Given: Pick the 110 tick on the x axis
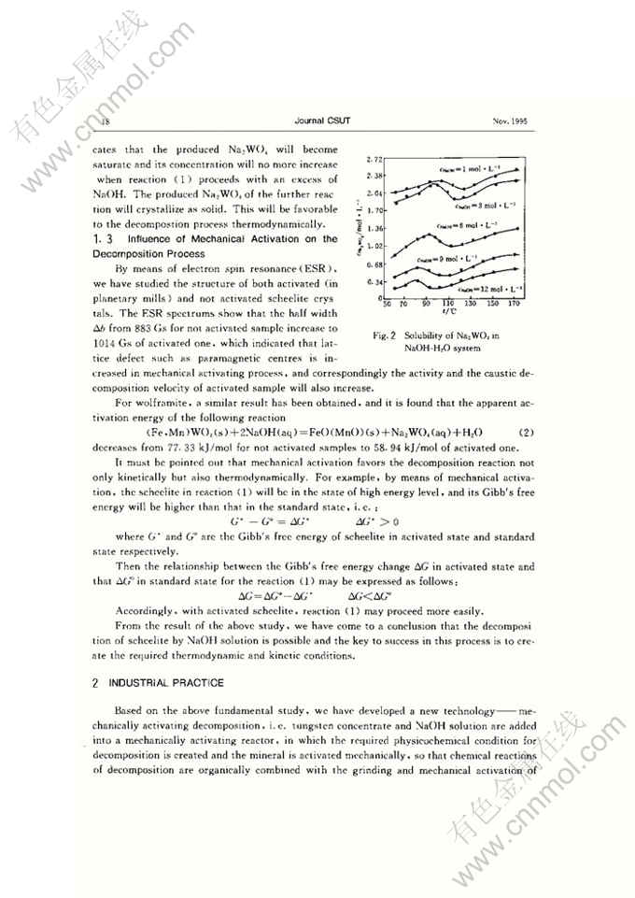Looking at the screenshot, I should (448, 304).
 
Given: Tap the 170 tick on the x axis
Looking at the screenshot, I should (515, 304).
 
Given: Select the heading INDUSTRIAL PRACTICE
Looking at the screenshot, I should (166, 683).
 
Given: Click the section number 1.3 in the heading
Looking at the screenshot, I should (100, 238).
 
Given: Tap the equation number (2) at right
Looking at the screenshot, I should (526, 434).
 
